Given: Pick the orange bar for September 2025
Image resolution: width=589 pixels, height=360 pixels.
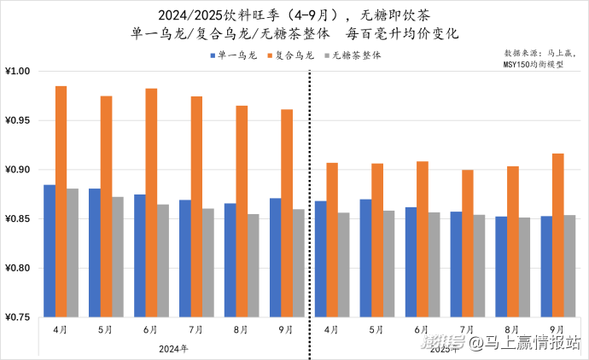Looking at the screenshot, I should pyautogui.click(x=557, y=235).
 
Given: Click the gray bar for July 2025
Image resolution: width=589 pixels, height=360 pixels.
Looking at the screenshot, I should pyautogui.click(x=479, y=265).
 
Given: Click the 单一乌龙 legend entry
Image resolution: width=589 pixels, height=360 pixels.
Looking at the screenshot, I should pyautogui.click(x=235, y=55).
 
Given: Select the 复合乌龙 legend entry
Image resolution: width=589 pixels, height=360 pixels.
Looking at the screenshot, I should pyautogui.click(x=291, y=55).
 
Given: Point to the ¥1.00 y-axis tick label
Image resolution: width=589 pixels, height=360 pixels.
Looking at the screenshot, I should pyautogui.click(x=19, y=71).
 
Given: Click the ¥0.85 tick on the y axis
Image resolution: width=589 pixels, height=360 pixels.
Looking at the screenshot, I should pyautogui.click(x=19, y=219).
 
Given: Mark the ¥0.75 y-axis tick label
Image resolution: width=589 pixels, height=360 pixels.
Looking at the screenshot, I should pyautogui.click(x=19, y=317).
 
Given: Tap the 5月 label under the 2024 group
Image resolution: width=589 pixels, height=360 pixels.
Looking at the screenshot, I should pyautogui.click(x=106, y=329).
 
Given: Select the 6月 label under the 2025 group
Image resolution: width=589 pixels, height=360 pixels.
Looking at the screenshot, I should pyautogui.click(x=422, y=329).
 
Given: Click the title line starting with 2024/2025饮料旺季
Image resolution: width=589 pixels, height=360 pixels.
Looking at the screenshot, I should pyautogui.click(x=294, y=15).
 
